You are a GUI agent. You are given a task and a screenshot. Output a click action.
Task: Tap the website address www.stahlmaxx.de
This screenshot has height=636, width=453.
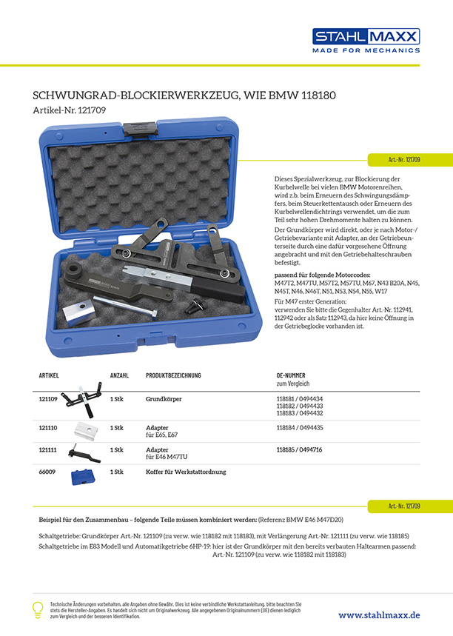click(379, 615)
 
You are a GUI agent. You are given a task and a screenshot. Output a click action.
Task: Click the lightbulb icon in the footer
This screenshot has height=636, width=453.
click(37, 610)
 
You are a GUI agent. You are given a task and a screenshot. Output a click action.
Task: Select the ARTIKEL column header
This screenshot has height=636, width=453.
click(49, 376)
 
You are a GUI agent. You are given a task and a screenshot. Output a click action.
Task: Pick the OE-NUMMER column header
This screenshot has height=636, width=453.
click(293, 376)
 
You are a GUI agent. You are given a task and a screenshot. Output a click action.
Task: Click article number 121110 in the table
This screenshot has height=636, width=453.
click(48, 428)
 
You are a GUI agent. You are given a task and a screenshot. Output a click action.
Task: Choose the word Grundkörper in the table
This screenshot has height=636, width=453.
click(164, 399)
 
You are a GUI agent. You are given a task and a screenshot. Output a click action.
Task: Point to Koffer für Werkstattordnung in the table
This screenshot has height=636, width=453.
click(186, 472)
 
